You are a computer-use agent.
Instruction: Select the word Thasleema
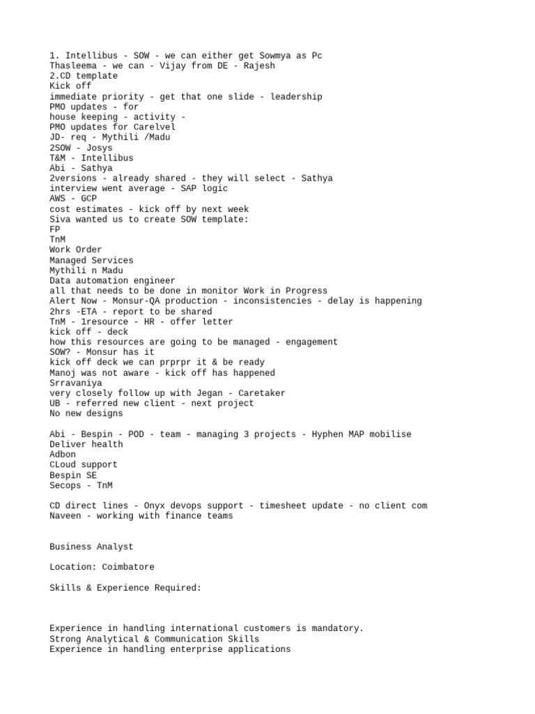click(73, 66)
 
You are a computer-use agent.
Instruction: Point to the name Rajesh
click(259, 66)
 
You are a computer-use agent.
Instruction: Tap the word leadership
click(296, 97)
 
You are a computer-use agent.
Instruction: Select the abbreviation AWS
click(58, 199)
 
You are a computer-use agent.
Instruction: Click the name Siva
click(60, 220)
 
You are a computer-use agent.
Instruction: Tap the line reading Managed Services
click(91, 260)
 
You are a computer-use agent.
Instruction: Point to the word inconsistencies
click(272, 301)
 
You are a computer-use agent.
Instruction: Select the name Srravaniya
click(76, 383)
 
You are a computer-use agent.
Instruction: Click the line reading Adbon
click(63, 455)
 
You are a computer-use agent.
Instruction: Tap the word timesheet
click(285, 506)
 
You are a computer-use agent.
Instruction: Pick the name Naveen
click(65, 516)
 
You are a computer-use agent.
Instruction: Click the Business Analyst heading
click(91, 547)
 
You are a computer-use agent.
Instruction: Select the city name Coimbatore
click(128, 567)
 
